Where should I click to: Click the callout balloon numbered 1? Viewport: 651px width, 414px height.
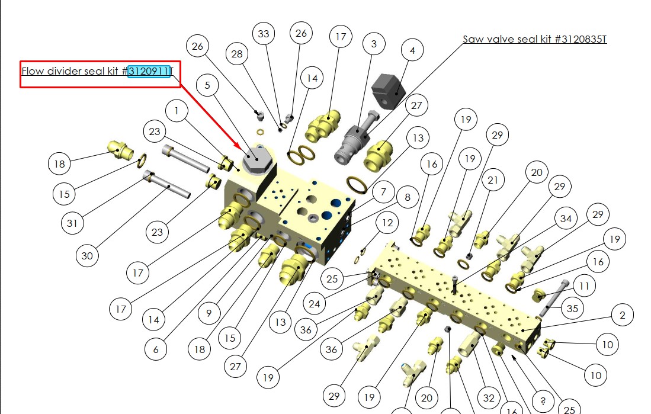coord(177,110)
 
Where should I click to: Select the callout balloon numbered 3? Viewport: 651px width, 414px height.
coord(374,44)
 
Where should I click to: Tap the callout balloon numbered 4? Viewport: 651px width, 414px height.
coord(412,50)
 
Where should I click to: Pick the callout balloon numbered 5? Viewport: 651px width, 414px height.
coord(207,86)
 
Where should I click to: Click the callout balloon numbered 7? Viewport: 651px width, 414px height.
coord(383,192)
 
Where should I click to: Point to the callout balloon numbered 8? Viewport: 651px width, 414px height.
coord(407,198)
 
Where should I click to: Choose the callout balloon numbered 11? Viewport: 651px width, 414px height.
coord(584,286)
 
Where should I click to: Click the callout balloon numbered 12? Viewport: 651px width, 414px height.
coord(387,223)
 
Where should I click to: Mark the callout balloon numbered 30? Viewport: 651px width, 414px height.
coord(87,256)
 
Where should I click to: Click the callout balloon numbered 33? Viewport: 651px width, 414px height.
coord(263,34)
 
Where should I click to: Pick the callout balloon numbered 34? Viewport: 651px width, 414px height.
coord(566,219)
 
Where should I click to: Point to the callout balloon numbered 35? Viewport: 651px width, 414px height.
coord(572,309)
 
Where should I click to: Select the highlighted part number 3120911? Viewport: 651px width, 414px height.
coord(149,72)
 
